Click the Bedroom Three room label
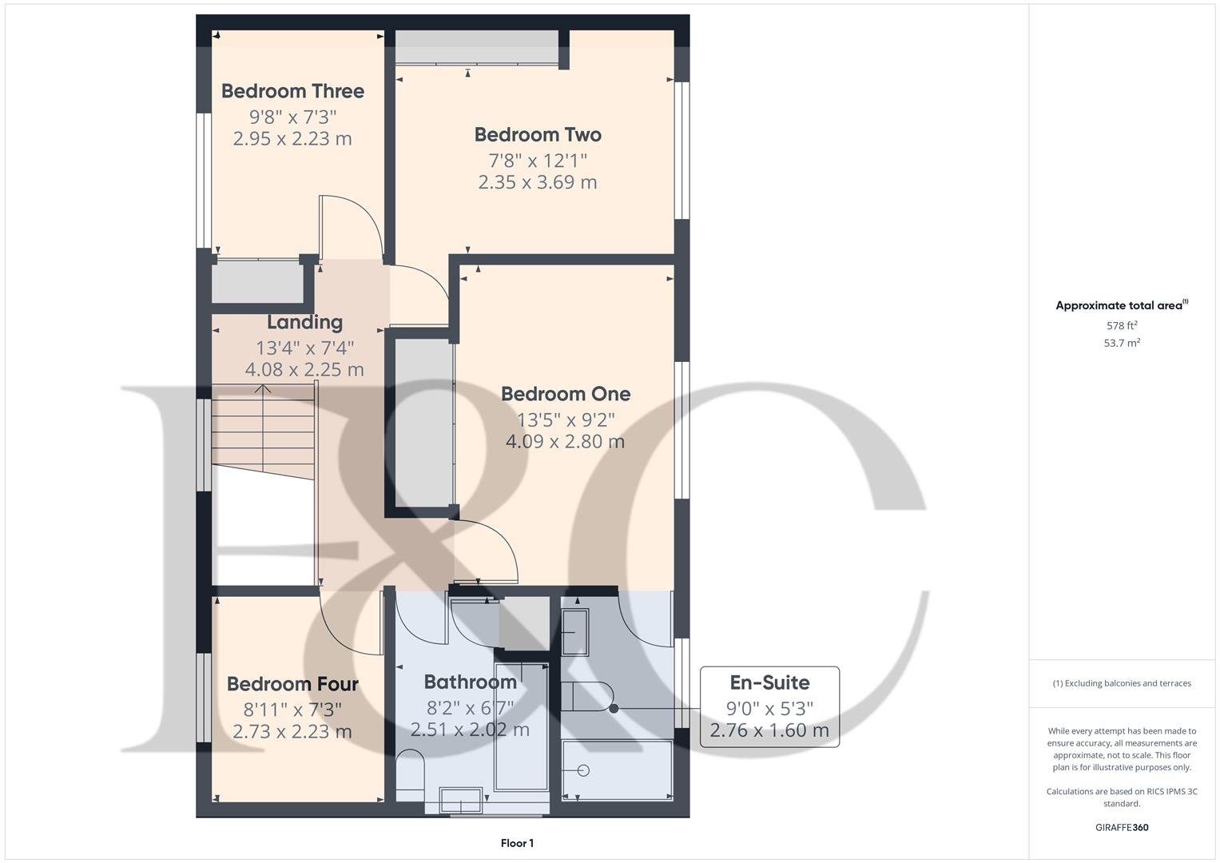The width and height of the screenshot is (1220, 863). [292, 91]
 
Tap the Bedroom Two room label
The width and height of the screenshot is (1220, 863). [538, 134]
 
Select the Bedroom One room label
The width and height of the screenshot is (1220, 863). [566, 394]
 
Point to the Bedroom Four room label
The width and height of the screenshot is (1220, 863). [292, 684]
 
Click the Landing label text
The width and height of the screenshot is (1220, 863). [304, 322]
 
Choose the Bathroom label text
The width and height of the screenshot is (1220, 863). [470, 682]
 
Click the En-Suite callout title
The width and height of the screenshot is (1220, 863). [769, 682]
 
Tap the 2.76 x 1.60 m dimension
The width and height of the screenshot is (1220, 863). [769, 730]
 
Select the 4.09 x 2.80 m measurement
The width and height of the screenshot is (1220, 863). [566, 441]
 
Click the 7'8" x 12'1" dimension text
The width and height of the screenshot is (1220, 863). [538, 159]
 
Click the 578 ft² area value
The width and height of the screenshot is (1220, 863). [1122, 325]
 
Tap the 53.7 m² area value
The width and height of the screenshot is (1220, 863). [1122, 343]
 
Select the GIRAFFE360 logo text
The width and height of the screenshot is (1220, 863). [1121, 827]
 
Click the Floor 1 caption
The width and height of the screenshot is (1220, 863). [517, 843]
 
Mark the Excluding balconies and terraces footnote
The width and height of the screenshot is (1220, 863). [1121, 683]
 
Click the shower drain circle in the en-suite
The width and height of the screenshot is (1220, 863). [583, 770]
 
